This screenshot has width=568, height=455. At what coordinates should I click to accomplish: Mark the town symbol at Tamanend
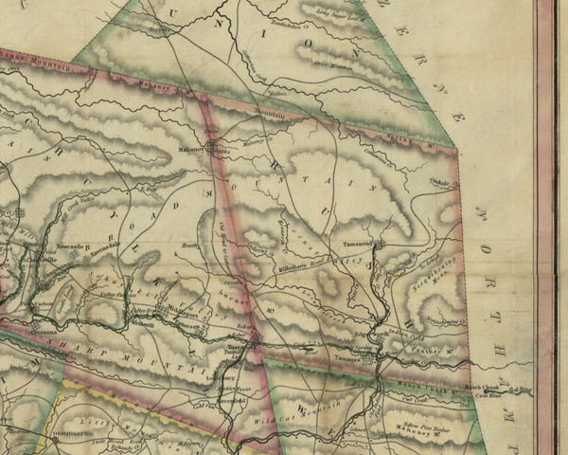(x=376, y=246)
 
